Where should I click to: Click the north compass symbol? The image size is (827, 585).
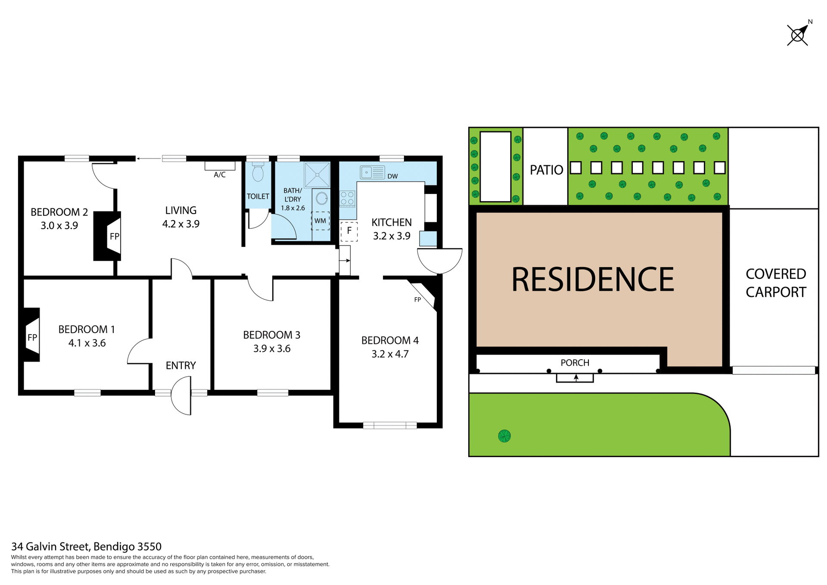point(797,35)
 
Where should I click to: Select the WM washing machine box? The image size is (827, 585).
point(320,221)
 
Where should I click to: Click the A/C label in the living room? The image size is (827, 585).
point(220,174)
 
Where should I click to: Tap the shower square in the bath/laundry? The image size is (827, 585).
point(317,174)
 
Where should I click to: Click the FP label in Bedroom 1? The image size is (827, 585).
point(32,337)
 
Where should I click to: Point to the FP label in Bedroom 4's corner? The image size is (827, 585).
point(417,299)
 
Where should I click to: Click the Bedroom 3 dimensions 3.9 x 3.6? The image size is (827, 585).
point(272,349)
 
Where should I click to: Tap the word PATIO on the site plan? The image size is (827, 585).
point(546,170)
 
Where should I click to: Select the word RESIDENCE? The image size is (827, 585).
point(592,280)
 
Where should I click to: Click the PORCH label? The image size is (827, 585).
point(575,363)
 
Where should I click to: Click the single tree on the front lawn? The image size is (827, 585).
point(504,436)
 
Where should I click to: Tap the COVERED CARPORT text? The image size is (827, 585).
point(775,283)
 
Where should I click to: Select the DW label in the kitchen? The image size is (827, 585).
point(392,176)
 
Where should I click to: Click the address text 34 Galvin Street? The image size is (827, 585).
point(86,546)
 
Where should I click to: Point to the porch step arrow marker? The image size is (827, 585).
point(575,378)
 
